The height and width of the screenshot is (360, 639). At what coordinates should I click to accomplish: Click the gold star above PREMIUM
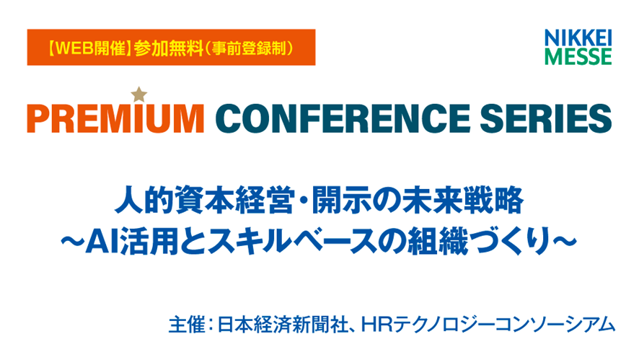pos(138,94)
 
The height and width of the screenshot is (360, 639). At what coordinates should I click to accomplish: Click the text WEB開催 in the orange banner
pos(87,50)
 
